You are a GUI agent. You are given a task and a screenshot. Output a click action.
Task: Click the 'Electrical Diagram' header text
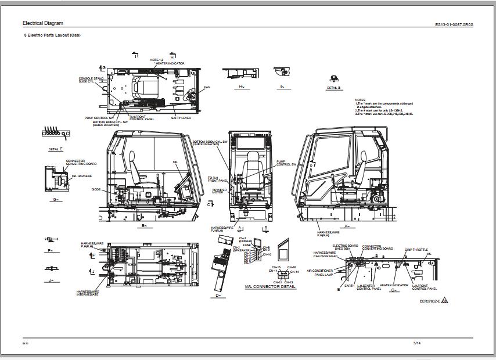point(43,23)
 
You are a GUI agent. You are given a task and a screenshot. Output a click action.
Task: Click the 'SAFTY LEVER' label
point(181,118)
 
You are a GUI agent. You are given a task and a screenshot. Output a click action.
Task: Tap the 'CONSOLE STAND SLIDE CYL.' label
point(91,80)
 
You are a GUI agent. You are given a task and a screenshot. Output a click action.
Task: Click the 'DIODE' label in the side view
point(96,189)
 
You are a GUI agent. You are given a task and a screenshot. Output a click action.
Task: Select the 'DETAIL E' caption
point(56,149)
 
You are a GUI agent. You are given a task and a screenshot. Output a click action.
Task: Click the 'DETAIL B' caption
point(333,88)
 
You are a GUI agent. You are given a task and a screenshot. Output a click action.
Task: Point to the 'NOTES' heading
point(360,100)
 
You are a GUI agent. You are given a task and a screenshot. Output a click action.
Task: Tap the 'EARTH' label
point(349,286)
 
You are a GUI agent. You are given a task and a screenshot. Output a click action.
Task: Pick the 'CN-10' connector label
point(267,255)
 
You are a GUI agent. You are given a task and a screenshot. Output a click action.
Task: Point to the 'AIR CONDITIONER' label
point(319,271)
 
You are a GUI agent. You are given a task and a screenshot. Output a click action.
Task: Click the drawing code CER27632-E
point(429,301)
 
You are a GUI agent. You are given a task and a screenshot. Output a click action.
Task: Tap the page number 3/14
point(416,343)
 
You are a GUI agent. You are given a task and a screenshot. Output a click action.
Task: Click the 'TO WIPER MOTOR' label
point(218,190)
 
